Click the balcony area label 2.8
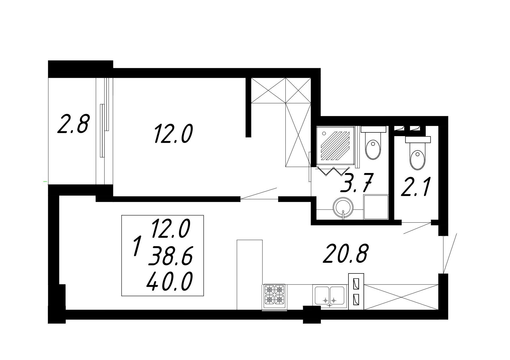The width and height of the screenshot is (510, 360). (x=73, y=124)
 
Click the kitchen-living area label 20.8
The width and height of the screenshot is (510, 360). (x=346, y=253)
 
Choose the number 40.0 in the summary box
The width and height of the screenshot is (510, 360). (x=169, y=281)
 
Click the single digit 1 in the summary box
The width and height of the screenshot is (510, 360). (x=137, y=246)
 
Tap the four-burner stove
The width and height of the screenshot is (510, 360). (x=275, y=296)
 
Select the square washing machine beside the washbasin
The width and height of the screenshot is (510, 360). (x=376, y=207)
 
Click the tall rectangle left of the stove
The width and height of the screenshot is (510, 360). (x=250, y=275)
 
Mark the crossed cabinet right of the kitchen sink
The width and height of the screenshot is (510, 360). (x=401, y=297)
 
